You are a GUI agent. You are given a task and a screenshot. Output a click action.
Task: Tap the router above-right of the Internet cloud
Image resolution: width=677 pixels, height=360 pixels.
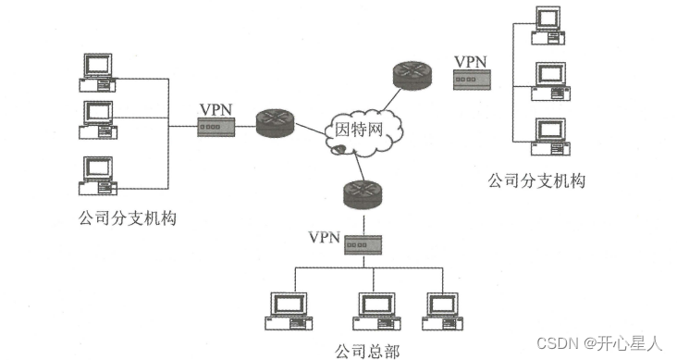[x=412, y=76]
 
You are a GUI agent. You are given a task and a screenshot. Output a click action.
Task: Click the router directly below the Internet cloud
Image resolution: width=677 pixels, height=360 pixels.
[x=362, y=193]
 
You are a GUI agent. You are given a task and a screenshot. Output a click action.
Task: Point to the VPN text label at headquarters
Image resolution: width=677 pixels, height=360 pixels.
[x=324, y=237]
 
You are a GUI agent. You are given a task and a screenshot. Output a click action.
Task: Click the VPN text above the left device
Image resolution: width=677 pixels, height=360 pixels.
[x=215, y=107]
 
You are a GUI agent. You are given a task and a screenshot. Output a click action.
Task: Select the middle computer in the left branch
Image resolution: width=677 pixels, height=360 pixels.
[x=98, y=118]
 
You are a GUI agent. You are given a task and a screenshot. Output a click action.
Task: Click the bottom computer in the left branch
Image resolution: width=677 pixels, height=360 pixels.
[x=98, y=176]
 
